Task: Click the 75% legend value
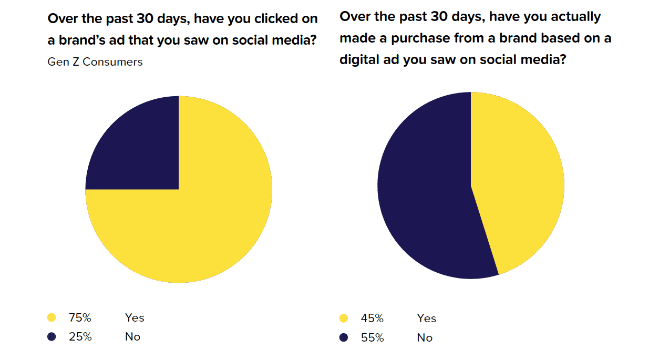tap(80, 317)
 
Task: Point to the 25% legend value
tap(80, 337)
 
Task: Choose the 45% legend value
tap(372, 318)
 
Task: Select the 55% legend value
tap(373, 337)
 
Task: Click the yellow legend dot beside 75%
tap(52, 317)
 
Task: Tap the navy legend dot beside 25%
tap(52, 337)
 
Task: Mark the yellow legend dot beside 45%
tap(344, 318)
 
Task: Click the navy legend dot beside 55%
tap(344, 337)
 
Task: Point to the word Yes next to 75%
tap(135, 317)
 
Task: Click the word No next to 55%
tap(425, 337)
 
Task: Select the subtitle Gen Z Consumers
tap(95, 62)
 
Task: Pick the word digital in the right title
tap(359, 60)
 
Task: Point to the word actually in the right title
tap(576, 17)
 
